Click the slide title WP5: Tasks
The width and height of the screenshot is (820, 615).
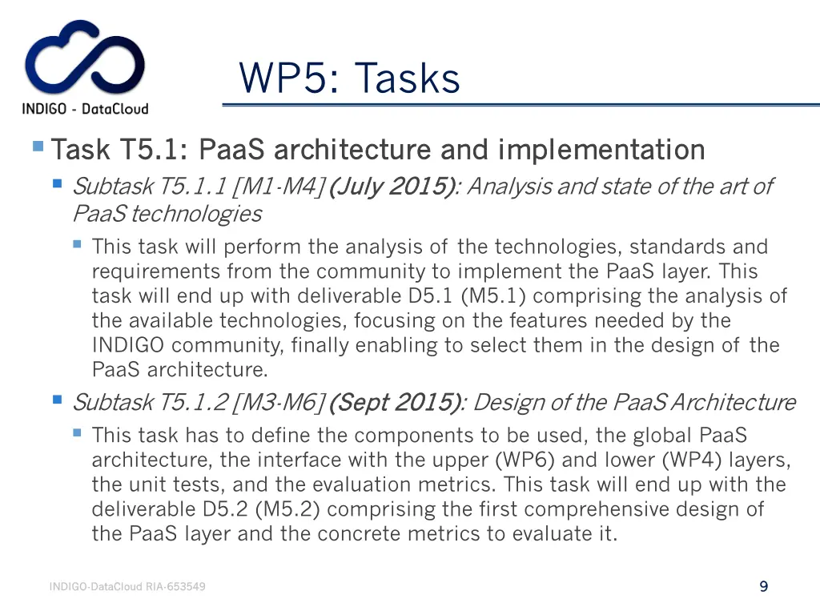[349, 78]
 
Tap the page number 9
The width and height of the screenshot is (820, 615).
[763, 587]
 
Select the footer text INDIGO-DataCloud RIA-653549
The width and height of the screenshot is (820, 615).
[127, 587]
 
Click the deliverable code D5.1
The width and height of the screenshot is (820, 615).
[426, 296]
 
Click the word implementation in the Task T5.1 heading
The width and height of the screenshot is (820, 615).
[601, 150]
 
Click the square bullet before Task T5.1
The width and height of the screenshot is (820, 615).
[38, 147]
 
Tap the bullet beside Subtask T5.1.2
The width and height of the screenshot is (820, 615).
[57, 399]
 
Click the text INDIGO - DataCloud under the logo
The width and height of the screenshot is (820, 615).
[85, 109]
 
